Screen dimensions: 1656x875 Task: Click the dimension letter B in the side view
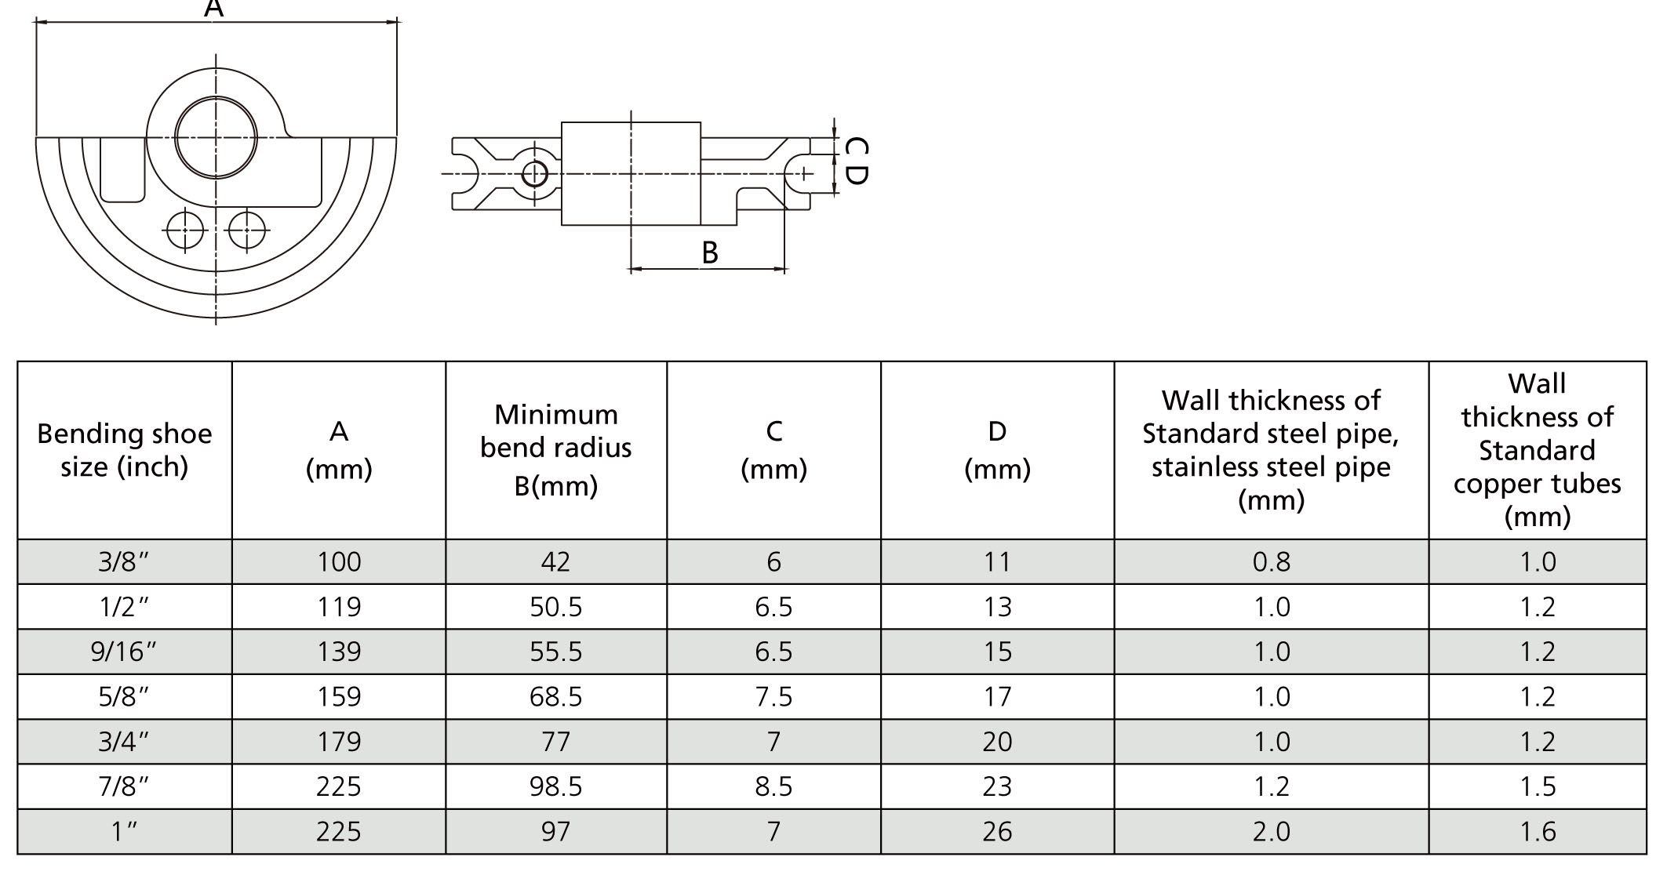click(x=709, y=252)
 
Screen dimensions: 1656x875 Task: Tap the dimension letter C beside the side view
click(x=857, y=147)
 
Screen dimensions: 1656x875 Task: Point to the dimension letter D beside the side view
click(x=857, y=174)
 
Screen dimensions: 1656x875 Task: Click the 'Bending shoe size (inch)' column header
click(x=125, y=450)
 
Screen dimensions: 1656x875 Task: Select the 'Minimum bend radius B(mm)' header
click(x=556, y=450)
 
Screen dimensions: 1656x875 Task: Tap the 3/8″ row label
click(x=124, y=562)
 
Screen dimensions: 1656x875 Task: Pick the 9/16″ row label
click(x=124, y=652)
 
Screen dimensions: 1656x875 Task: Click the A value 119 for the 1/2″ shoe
click(x=339, y=607)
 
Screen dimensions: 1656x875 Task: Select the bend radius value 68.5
click(x=556, y=696)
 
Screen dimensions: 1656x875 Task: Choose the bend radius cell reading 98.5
click(x=556, y=786)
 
